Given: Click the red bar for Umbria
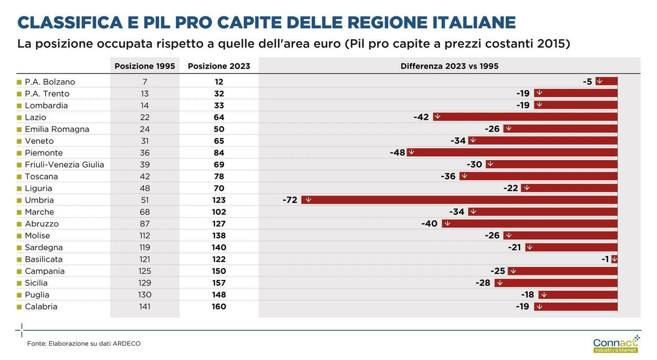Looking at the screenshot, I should click(x=459, y=200).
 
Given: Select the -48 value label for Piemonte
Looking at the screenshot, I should click(x=397, y=153).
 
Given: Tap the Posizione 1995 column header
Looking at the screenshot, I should click(x=145, y=66).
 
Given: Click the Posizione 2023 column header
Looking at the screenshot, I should click(x=219, y=66).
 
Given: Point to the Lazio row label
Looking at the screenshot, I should click(x=35, y=117).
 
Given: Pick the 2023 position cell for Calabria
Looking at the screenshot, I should click(x=219, y=307).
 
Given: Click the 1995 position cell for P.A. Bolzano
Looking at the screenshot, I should click(x=145, y=82).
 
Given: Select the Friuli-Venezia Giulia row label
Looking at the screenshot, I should click(x=64, y=164).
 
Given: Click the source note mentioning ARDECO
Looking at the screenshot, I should click(x=84, y=344).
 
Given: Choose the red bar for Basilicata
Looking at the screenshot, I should click(x=614, y=259).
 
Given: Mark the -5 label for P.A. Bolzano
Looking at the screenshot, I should click(x=587, y=82).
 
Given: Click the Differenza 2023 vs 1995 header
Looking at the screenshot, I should click(x=449, y=66).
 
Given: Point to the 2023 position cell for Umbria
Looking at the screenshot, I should click(x=219, y=200).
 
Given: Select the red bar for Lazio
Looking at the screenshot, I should click(x=525, y=117).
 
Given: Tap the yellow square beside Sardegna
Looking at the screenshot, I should click(x=20, y=248).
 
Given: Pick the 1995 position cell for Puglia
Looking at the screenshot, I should click(x=145, y=295).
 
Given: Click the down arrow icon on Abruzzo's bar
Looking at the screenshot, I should click(x=447, y=223).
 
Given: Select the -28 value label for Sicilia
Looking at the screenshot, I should click(x=483, y=283).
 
